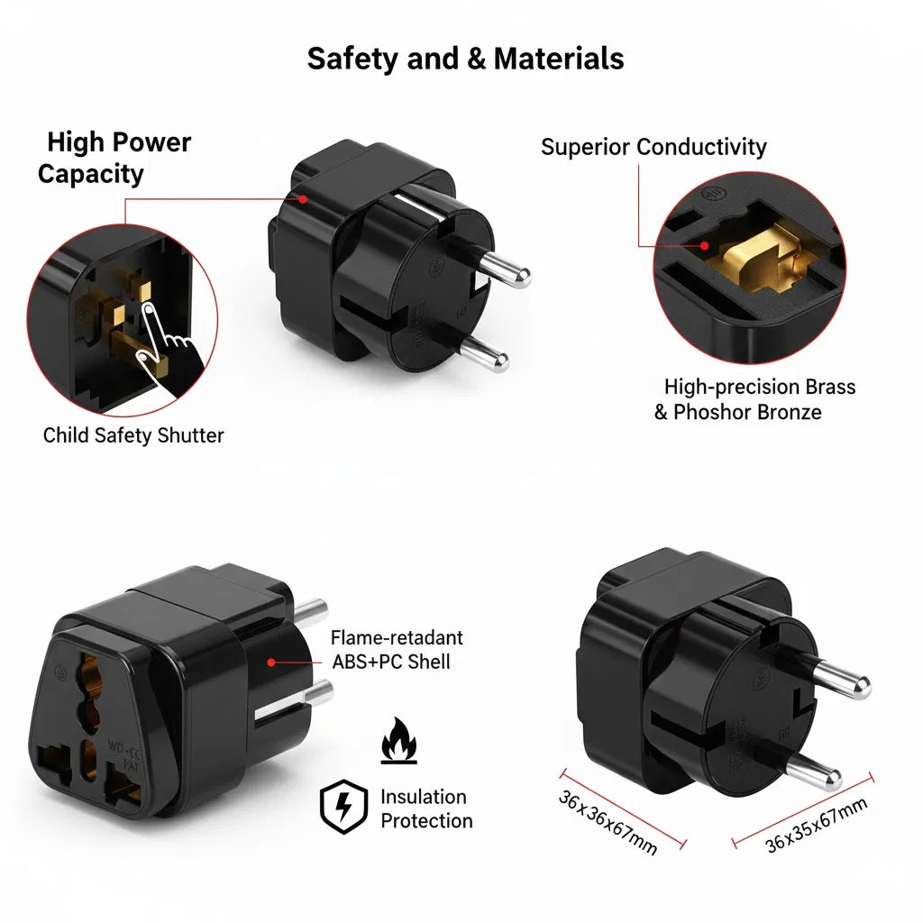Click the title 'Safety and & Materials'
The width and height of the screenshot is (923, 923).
coord(465,59)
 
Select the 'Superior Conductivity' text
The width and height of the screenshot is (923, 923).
coord(653,147)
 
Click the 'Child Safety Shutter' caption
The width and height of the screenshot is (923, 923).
coord(133,435)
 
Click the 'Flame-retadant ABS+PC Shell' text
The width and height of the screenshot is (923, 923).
coord(395,650)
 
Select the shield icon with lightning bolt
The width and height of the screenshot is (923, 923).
coord(344,806)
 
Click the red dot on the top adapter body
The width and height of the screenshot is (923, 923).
coord(304,198)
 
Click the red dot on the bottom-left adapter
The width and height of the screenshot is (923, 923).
coord(270,662)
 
